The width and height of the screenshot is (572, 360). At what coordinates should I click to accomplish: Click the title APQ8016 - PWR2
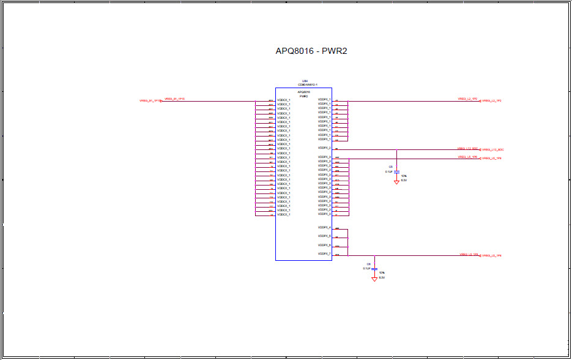(x=311, y=51)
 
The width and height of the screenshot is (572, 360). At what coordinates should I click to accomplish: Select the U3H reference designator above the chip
(x=304, y=81)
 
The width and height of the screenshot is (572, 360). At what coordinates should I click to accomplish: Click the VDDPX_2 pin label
(x=324, y=148)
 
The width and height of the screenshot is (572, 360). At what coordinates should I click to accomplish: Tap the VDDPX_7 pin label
(x=324, y=254)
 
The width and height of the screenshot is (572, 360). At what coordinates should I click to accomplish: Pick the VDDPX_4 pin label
(x=324, y=228)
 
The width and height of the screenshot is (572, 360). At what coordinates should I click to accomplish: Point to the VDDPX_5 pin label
(x=324, y=236)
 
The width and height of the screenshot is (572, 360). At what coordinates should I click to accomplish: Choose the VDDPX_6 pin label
(x=324, y=246)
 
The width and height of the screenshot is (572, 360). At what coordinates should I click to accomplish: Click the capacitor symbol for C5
(x=396, y=171)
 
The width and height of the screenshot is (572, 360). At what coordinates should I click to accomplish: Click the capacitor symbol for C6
(x=374, y=268)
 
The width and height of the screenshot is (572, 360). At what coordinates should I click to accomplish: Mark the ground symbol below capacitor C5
(x=396, y=182)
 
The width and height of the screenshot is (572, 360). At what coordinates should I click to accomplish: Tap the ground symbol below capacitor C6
(x=374, y=279)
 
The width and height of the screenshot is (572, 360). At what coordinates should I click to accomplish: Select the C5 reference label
(x=390, y=167)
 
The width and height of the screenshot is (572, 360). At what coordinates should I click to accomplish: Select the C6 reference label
(x=369, y=264)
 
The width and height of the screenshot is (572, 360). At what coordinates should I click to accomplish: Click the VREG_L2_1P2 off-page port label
(x=492, y=100)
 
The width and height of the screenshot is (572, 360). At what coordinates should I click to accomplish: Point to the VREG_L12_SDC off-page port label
(x=492, y=150)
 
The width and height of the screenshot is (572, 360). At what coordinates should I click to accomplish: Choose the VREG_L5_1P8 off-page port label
(x=492, y=159)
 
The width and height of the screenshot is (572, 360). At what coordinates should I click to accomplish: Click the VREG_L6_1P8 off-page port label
(x=492, y=256)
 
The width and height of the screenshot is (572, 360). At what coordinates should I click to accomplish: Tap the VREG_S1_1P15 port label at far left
(x=150, y=100)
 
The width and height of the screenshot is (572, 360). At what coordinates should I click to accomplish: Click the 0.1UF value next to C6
(x=367, y=269)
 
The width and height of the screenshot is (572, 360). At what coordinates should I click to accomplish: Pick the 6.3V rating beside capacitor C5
(x=404, y=181)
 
